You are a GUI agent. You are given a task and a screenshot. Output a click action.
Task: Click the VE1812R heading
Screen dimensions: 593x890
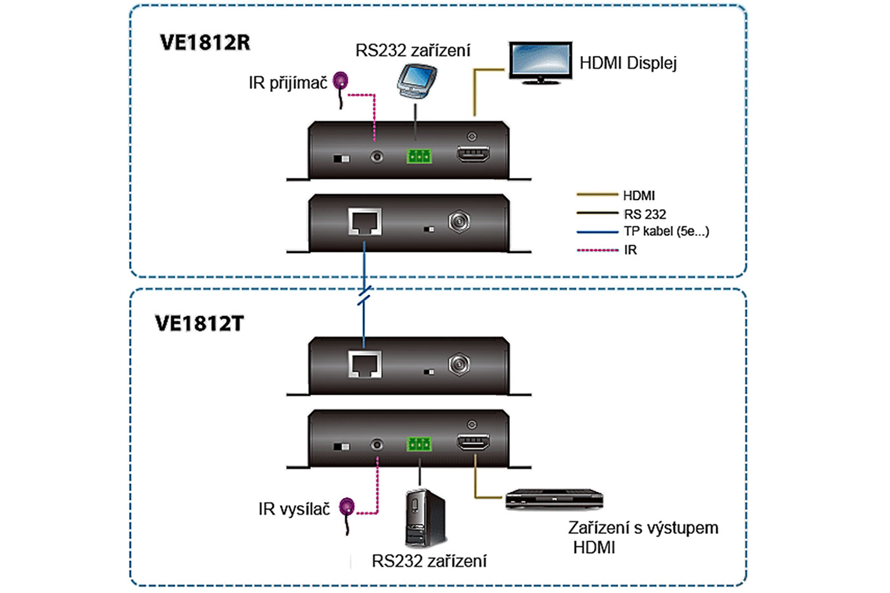tap(205, 43)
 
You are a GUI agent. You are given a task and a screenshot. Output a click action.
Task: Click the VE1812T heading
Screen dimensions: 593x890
tap(199, 324)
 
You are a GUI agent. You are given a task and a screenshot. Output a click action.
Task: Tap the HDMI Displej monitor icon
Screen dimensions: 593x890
tap(540, 62)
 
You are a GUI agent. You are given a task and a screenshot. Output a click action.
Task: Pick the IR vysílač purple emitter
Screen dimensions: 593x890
tap(346, 507)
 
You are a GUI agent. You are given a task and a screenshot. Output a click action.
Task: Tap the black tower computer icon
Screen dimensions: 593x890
tap(425, 518)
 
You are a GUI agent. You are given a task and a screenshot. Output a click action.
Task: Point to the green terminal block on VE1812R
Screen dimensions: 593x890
tap(419, 156)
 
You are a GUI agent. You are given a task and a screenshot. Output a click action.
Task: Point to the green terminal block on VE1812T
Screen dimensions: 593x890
tap(419, 444)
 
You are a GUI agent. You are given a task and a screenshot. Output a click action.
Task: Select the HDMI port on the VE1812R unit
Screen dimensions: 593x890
tap(474, 154)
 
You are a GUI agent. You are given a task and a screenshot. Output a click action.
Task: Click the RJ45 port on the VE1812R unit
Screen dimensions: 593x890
tap(365, 222)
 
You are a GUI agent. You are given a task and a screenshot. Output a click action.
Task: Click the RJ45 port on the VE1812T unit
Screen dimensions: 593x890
tap(365, 365)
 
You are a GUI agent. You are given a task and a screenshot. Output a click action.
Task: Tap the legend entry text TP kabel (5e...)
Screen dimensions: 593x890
tap(666, 231)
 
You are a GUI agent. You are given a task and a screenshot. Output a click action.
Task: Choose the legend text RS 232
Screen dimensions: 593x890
tap(645, 214)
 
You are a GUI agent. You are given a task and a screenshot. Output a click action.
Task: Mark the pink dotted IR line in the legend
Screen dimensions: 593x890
tap(597, 250)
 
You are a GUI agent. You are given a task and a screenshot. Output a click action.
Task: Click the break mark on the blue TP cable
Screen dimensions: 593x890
tap(364, 296)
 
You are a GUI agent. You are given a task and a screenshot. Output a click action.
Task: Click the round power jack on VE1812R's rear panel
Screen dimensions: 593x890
tap(459, 221)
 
